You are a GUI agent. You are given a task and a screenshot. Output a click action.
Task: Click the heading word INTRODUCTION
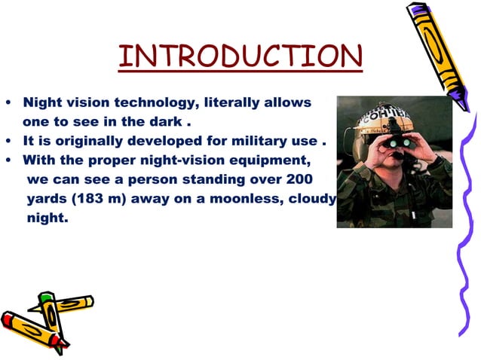[x=240, y=57]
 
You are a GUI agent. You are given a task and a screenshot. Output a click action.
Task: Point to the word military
[x=253, y=141]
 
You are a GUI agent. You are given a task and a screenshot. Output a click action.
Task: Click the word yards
[x=45, y=200]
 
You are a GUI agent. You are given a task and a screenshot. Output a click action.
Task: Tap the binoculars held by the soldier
[x=397, y=141]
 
